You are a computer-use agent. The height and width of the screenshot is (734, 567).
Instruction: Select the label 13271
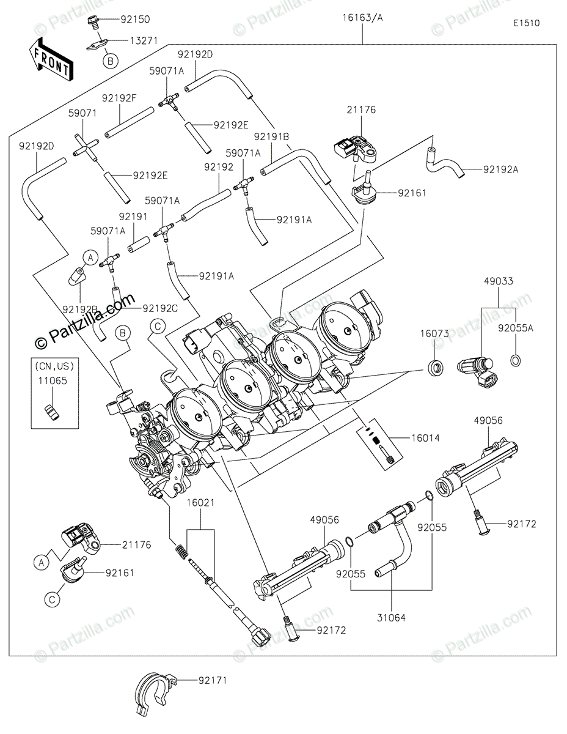(144, 40)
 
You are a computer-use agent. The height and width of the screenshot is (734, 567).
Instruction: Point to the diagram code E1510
(526, 23)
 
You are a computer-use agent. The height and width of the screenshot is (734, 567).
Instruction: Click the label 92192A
(500, 170)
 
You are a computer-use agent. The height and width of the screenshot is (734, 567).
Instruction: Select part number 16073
(434, 334)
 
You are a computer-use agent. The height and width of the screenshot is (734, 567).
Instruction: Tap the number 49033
(499, 281)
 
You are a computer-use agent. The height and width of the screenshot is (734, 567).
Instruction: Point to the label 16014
(425, 438)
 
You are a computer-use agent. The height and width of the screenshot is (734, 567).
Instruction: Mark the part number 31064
(391, 618)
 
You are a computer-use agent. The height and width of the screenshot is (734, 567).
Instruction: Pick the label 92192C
(160, 309)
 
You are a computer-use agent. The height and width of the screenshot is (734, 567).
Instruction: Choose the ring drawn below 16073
(435, 368)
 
